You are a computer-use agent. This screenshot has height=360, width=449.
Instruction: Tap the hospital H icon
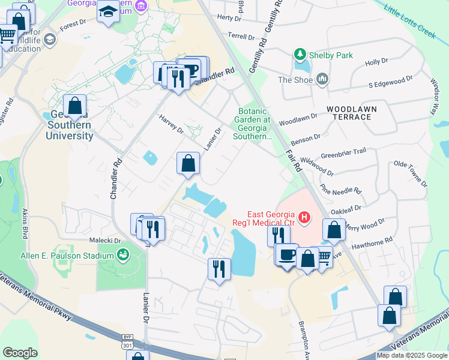[305, 217]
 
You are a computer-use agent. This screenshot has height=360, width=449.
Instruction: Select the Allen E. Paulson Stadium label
[67, 256]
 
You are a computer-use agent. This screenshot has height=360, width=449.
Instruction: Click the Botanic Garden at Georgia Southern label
[256, 124]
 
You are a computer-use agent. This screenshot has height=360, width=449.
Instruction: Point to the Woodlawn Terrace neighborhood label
[349, 112]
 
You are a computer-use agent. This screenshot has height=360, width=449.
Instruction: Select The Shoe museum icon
[323, 79]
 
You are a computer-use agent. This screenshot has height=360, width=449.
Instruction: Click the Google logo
[20, 353]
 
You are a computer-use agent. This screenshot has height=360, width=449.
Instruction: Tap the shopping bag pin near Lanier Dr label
[188, 163]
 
